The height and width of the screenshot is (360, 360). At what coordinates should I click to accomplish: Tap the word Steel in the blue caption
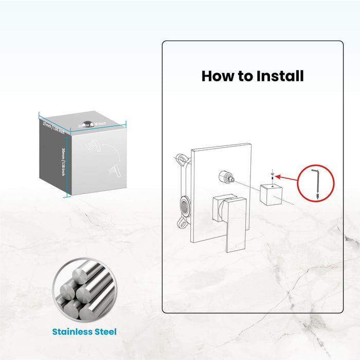tap(105, 332)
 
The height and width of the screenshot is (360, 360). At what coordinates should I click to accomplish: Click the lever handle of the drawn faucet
tap(234, 226)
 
